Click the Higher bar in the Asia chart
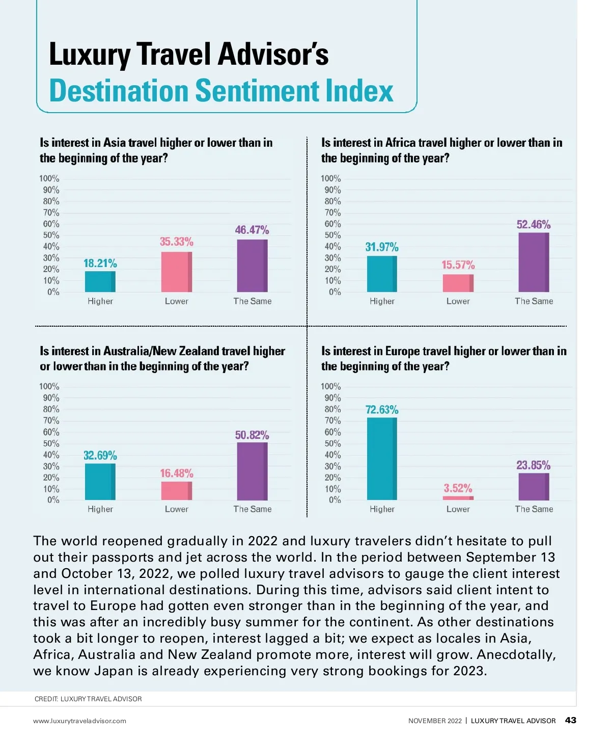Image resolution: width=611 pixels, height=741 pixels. click(100, 281)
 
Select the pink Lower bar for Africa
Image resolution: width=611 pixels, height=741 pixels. click(458, 283)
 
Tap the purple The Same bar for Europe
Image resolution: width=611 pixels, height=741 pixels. click(534, 487)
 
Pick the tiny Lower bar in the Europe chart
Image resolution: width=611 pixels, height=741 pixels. click(458, 498)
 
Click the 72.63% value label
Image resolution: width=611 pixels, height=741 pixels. click(382, 410)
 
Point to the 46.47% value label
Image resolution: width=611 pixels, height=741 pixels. click(252, 230)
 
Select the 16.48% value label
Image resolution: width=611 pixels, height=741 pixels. click(177, 473)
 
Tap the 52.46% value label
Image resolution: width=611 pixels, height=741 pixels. click(534, 225)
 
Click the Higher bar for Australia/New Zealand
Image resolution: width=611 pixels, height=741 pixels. click(100, 482)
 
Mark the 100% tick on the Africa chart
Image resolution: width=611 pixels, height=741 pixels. click(331, 178)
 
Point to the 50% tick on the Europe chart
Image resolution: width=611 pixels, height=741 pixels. click(333, 443)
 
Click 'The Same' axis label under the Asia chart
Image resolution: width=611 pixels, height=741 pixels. click(253, 301)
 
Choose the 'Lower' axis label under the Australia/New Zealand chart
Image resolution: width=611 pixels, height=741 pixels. click(177, 509)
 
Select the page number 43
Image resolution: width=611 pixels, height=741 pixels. click(571, 720)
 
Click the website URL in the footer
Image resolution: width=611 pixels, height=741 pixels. click(79, 721)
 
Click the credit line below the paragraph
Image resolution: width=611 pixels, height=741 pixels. click(88, 699)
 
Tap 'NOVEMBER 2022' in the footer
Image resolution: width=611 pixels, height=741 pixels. click(435, 721)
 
